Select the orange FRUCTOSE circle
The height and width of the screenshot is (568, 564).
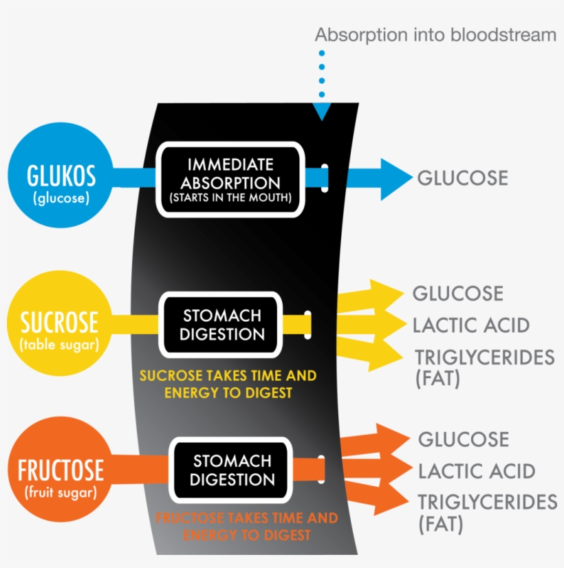[x=61, y=471]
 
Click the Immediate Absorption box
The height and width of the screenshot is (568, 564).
[x=230, y=179]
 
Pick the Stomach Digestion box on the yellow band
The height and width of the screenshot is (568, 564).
[x=221, y=325]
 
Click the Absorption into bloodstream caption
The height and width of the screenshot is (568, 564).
[x=435, y=35]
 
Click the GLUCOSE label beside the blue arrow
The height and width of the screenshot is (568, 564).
[x=462, y=178]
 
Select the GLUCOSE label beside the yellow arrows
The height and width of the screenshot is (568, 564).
[x=457, y=294]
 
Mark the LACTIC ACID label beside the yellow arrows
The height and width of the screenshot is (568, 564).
[x=470, y=325]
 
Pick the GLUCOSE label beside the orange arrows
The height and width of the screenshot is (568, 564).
[x=464, y=439]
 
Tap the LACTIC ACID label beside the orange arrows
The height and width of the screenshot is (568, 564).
[x=476, y=471]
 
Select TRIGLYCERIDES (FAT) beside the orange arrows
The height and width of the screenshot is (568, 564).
[x=487, y=512]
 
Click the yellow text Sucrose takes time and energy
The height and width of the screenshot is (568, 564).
[x=228, y=384]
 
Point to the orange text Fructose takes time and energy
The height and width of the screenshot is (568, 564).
[x=246, y=526]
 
